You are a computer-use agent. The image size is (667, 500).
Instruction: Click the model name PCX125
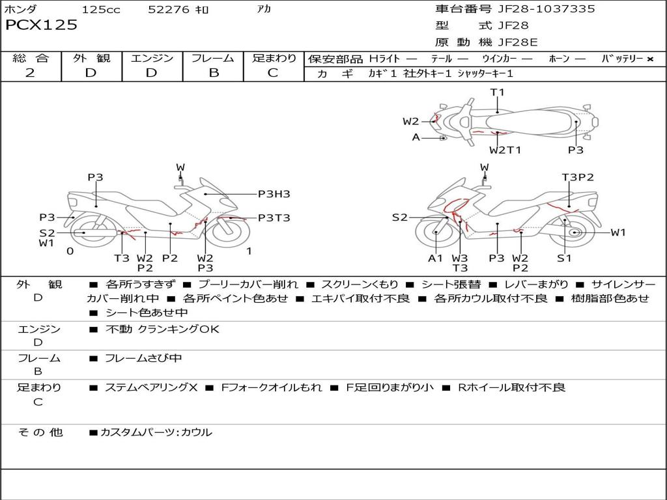[41, 25]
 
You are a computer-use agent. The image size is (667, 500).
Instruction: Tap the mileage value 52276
[169, 10]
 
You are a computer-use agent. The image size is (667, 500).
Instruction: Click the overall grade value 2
[30, 73]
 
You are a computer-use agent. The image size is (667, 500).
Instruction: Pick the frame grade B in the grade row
[213, 73]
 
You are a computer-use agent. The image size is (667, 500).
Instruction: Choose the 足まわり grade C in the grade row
[273, 73]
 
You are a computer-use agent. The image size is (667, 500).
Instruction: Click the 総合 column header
[30, 58]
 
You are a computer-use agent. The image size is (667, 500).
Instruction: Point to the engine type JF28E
[518, 42]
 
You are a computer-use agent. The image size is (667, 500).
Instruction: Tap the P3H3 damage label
[274, 194]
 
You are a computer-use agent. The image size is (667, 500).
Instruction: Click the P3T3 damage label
[274, 218]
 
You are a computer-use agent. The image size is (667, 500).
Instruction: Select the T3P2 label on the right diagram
[578, 177]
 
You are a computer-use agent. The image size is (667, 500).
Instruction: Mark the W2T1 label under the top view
[505, 150]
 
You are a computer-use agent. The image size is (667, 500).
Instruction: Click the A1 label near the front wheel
[435, 258]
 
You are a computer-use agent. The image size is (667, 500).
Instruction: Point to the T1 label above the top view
[498, 92]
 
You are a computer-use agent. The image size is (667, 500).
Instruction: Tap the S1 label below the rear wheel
[564, 258]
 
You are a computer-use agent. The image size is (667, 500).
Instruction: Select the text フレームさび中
[143, 358]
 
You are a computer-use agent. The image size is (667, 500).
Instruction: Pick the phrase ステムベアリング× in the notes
[151, 387]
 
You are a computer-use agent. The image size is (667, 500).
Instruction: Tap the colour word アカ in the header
[263, 9]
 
